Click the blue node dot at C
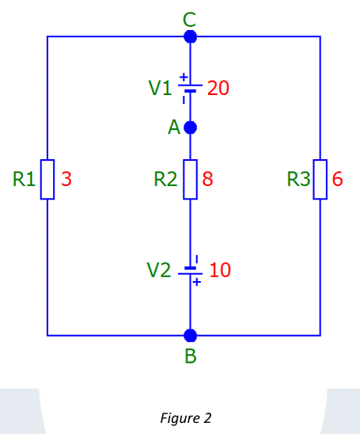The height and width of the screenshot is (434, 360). point(190,36)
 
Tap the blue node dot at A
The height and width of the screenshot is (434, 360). point(190,127)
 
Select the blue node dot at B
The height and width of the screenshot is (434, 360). point(190,335)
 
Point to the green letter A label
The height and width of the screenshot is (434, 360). point(173,128)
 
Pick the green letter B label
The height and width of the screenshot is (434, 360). point(190,356)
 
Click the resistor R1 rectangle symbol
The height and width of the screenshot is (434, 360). point(47,179)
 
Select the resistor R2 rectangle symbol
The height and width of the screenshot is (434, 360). point(190,179)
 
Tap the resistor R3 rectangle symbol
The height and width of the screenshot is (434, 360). point(320,179)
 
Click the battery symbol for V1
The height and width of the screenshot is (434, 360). point(190,87)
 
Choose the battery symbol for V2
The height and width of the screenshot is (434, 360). point(190,269)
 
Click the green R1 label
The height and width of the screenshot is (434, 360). point(24,179)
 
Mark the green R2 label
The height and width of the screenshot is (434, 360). point(165,179)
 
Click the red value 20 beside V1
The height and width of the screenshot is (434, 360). point(218,88)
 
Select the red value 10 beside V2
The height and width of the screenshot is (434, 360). point(220,270)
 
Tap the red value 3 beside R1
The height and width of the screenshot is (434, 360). point(66,179)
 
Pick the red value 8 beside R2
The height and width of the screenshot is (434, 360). point(208,179)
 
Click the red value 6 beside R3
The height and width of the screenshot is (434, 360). point(338,179)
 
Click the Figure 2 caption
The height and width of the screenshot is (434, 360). point(185,417)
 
